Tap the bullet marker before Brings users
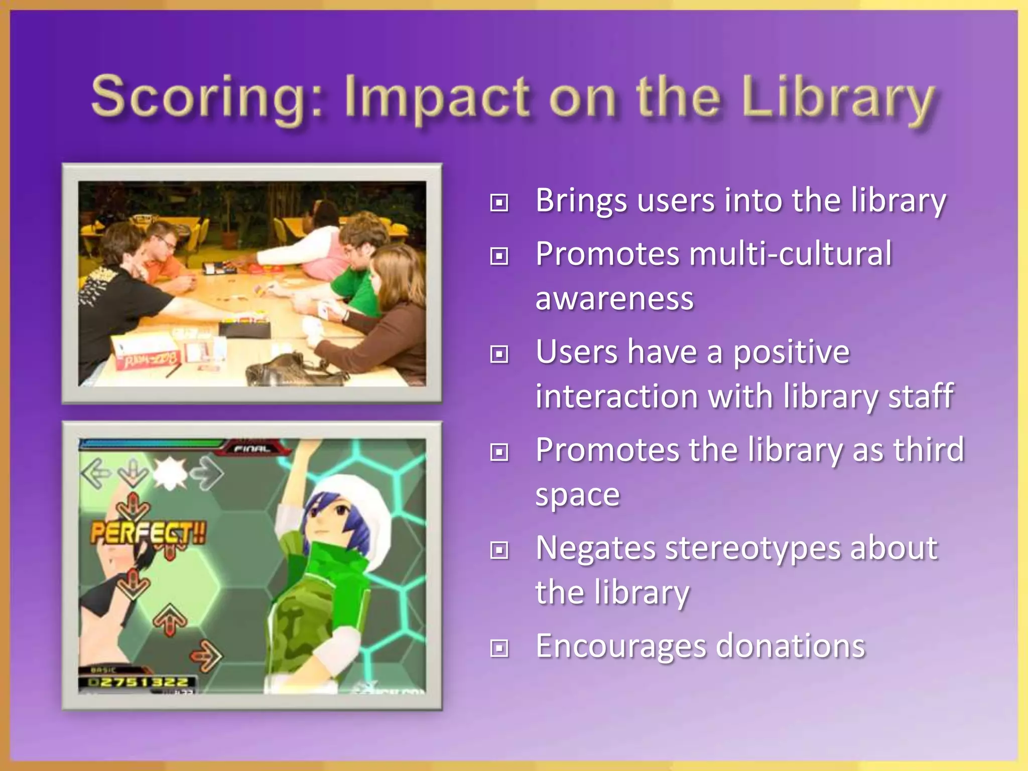499,203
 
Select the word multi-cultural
790,253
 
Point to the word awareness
614,298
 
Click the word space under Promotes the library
577,495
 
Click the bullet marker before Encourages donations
499,649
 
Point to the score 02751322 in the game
138,682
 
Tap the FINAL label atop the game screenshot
252,448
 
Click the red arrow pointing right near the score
206,656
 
